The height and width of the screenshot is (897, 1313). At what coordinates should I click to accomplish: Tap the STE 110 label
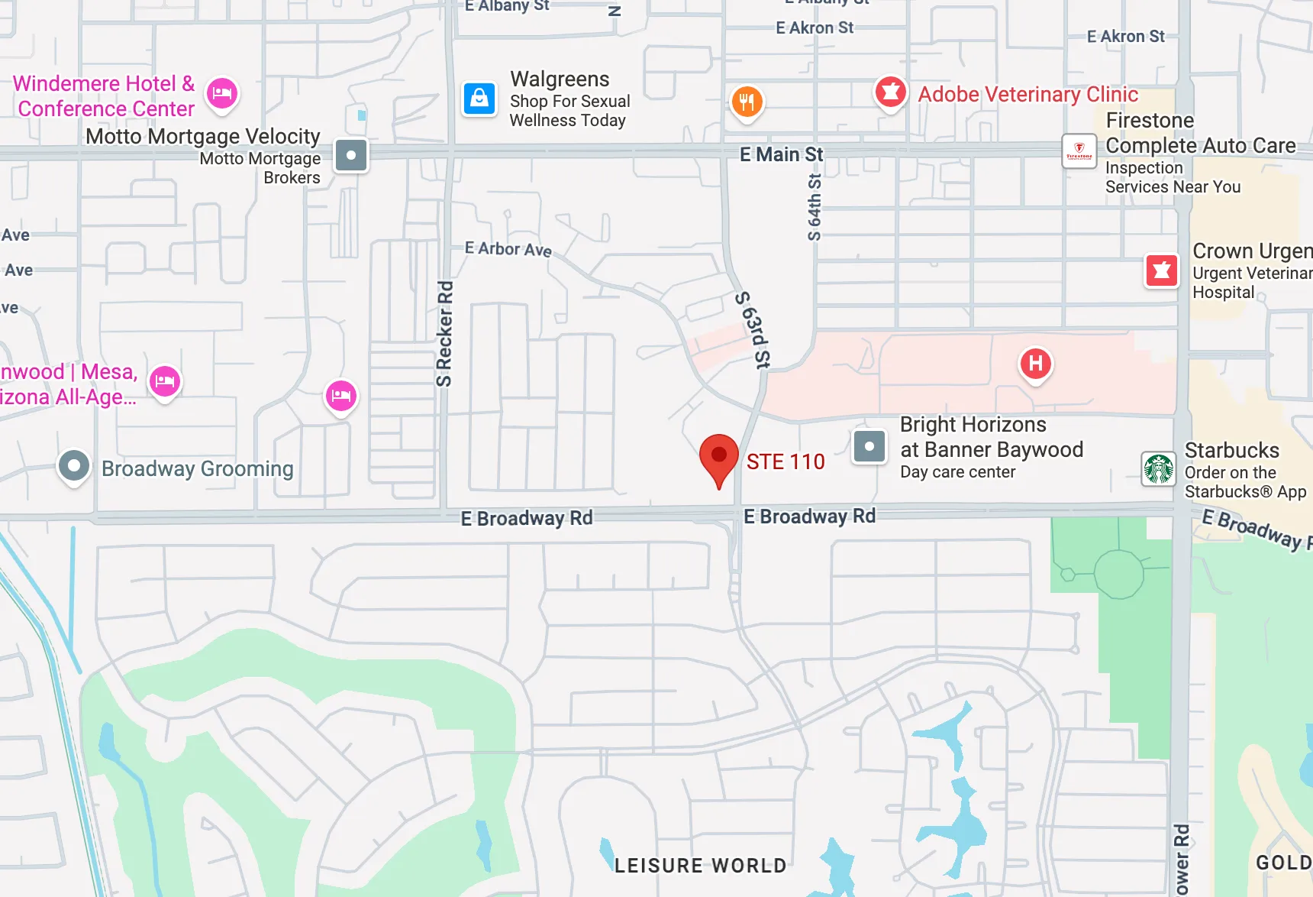point(786,461)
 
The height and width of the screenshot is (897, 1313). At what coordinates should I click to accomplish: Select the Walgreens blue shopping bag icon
point(479,99)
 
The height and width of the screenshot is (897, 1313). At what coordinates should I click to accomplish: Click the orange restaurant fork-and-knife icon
point(747,101)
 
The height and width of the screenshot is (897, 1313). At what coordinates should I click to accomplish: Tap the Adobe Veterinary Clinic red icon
point(890,92)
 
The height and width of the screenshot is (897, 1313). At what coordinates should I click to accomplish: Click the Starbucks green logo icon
point(1158,468)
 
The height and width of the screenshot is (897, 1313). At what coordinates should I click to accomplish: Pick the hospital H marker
point(1036,364)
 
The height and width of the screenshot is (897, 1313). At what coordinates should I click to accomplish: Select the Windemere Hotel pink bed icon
point(222,94)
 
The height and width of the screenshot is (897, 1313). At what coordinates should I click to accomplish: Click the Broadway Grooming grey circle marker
point(74,465)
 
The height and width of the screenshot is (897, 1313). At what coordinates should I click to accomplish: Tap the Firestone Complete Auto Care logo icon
point(1079,151)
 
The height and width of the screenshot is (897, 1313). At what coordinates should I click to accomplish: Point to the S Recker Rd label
point(444,334)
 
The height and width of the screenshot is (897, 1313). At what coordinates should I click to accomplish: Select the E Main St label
point(781,154)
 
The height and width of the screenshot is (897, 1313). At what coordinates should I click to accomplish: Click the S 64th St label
point(815,206)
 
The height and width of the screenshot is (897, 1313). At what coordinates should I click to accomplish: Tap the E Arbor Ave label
point(508,249)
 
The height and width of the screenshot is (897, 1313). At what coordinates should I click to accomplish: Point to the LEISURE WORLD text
point(700,865)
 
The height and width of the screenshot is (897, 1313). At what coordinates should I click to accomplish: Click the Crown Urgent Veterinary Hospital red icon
point(1161,270)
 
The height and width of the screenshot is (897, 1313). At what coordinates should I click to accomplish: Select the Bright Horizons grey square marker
point(869,446)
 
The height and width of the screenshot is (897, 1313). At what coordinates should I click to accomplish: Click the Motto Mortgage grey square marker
point(351,155)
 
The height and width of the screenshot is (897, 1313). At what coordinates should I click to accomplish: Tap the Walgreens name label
point(560,79)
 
